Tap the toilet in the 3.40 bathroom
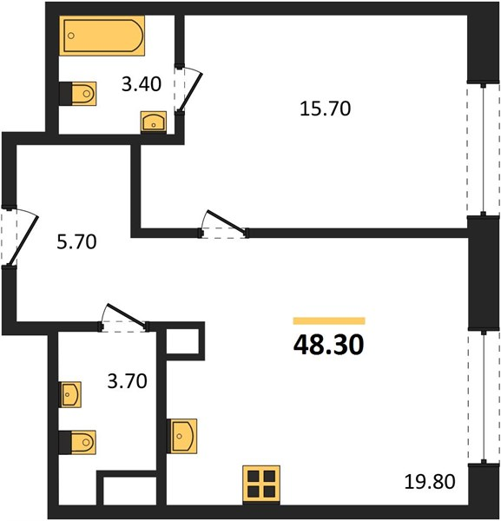click(78, 94)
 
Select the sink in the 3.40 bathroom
click(154, 122)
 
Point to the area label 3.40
click(142, 84)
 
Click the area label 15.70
click(326, 109)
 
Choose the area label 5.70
click(76, 241)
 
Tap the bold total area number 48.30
click(328, 345)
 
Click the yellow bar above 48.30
click(329, 320)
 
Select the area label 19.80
click(430, 481)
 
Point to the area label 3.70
click(128, 381)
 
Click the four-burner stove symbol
click(261, 485)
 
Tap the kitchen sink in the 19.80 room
click(181, 436)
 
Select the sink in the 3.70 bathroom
click(70, 394)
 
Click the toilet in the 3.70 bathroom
click(77, 443)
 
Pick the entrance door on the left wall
click(19, 237)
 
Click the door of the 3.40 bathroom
click(188, 89)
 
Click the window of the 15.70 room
click(484, 148)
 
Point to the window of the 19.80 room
click(484, 397)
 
